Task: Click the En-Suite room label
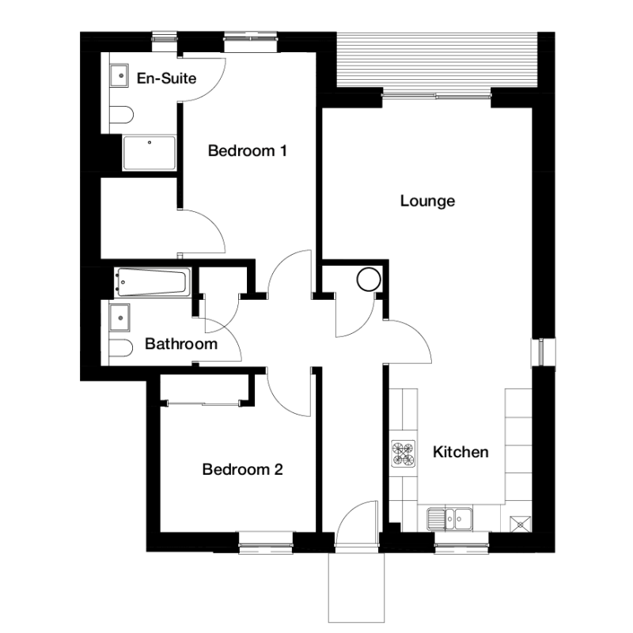[166, 78]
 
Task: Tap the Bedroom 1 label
[247, 150]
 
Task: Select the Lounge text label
[427, 201]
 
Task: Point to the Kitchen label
[461, 452]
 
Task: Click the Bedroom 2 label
[242, 469]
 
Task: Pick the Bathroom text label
[181, 344]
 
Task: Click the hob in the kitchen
[404, 453]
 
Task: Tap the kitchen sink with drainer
[449, 519]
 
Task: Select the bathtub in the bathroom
[152, 282]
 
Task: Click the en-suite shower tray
[150, 153]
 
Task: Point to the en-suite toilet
[121, 115]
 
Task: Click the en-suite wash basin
[120, 75]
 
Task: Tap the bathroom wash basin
[120, 317]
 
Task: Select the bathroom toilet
[121, 348]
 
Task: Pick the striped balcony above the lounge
[438, 59]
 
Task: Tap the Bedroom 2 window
[266, 542]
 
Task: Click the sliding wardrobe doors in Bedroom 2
[204, 403]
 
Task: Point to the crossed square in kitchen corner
[521, 525]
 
